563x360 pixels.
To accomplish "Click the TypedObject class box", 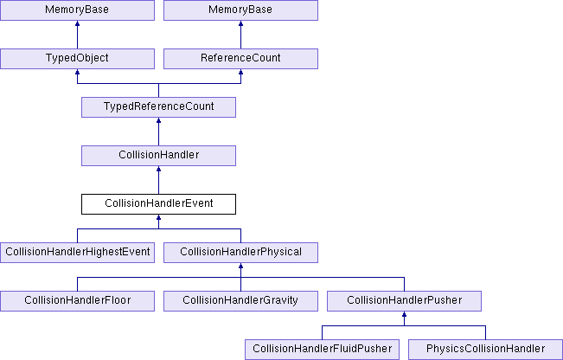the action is click(77, 59).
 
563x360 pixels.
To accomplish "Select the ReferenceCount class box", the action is click(240, 59).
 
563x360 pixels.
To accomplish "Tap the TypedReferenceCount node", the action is click(159, 107).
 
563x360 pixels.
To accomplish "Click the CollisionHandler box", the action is click(159, 156).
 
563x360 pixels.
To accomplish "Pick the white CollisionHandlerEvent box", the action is click(159, 204).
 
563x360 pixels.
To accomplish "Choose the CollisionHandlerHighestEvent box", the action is click(77, 253).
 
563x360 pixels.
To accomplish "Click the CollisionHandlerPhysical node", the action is click(240, 253).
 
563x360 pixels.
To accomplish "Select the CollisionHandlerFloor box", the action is click(77, 301).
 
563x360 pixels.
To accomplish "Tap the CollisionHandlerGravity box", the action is click(240, 301).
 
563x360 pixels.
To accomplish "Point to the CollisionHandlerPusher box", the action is click(404, 301).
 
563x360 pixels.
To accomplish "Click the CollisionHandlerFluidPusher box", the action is click(322, 350).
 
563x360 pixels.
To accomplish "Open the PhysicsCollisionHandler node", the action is click(485, 350).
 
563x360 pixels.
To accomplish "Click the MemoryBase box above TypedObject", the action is click(77, 10).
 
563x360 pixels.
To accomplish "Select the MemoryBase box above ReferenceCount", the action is click(240, 10).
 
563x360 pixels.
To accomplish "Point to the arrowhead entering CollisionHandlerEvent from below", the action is click(159, 217).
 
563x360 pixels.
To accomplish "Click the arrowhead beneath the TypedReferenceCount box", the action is click(159, 120).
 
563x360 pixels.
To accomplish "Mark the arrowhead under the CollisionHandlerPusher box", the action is click(404, 314).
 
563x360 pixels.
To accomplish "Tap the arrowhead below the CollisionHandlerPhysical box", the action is click(240, 266).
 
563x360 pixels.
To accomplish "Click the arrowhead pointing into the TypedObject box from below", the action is click(77, 72).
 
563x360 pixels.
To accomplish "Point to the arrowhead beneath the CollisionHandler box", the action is click(159, 169).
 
